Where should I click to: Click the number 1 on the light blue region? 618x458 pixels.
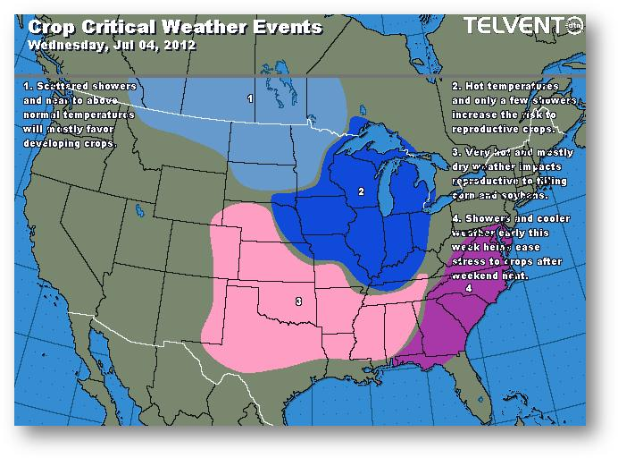tap(250, 98)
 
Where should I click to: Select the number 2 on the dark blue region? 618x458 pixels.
tap(360, 191)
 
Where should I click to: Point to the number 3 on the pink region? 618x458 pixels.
tap(297, 301)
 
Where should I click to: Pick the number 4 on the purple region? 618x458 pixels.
tap(468, 289)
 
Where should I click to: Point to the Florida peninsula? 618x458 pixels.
tap(463, 380)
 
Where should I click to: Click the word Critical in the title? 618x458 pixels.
tap(114, 27)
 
